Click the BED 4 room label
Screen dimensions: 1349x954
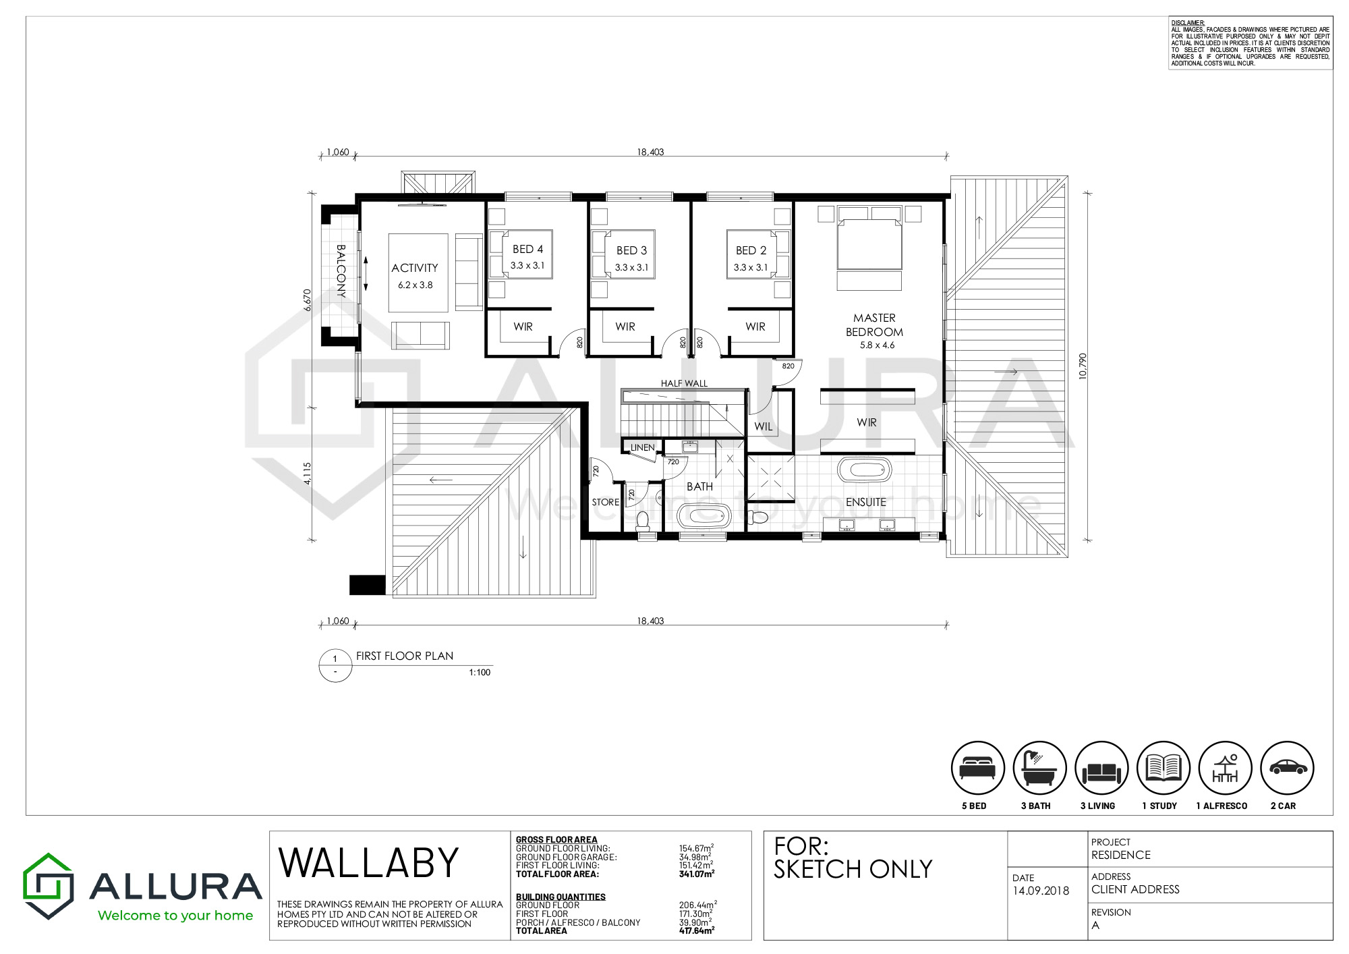click(527, 250)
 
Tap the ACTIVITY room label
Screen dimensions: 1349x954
click(415, 268)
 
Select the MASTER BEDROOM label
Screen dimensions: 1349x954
click(874, 325)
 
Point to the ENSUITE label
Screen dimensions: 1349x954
click(866, 502)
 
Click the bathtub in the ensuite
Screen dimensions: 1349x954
click(864, 470)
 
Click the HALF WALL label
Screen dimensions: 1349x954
click(684, 383)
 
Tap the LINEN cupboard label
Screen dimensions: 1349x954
click(642, 447)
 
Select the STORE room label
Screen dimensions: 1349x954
click(605, 502)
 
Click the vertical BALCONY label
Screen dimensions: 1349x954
click(341, 271)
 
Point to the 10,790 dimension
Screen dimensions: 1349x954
click(1083, 366)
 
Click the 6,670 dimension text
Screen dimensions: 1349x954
click(308, 300)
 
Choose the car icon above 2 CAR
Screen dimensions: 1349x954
click(1287, 768)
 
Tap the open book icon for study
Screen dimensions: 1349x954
click(1163, 768)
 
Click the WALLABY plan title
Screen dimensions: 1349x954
click(368, 863)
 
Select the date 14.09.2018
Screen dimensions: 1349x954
click(1041, 891)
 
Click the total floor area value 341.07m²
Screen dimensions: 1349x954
click(697, 874)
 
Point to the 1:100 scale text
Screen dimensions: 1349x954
click(480, 672)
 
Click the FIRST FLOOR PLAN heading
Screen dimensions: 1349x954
click(405, 656)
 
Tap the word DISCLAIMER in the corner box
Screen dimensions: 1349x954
click(1188, 23)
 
